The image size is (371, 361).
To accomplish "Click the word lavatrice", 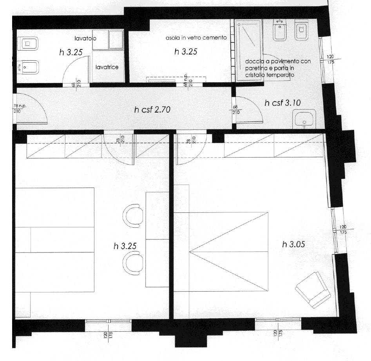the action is click(x=107, y=67).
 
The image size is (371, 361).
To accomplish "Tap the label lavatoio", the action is click(x=85, y=38).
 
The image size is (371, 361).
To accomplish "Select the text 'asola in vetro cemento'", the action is click(x=196, y=38).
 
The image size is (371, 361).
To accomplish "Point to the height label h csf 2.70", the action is click(x=152, y=110).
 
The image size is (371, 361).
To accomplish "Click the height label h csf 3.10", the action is click(x=283, y=103).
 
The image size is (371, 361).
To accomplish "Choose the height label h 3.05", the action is click(x=293, y=244).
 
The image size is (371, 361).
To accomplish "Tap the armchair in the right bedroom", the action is click(x=313, y=290).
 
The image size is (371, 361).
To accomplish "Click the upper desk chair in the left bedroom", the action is click(x=133, y=216).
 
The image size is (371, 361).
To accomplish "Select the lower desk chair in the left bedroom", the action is click(x=133, y=263).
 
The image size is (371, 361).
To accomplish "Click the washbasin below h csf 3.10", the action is click(x=304, y=119).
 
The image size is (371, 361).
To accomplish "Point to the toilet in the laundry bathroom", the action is click(x=28, y=44).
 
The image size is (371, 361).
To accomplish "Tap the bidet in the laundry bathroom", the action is click(x=28, y=67).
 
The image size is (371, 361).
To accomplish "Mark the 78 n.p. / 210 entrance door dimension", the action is click(x=20, y=109).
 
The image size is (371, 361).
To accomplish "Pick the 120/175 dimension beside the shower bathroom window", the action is click(x=331, y=59).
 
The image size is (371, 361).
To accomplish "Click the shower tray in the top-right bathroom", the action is click(x=249, y=50).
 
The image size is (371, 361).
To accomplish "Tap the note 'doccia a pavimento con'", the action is click(x=278, y=61).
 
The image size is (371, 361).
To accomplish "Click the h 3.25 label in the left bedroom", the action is click(x=125, y=246).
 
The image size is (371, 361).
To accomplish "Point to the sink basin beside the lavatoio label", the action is click(x=108, y=40).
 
